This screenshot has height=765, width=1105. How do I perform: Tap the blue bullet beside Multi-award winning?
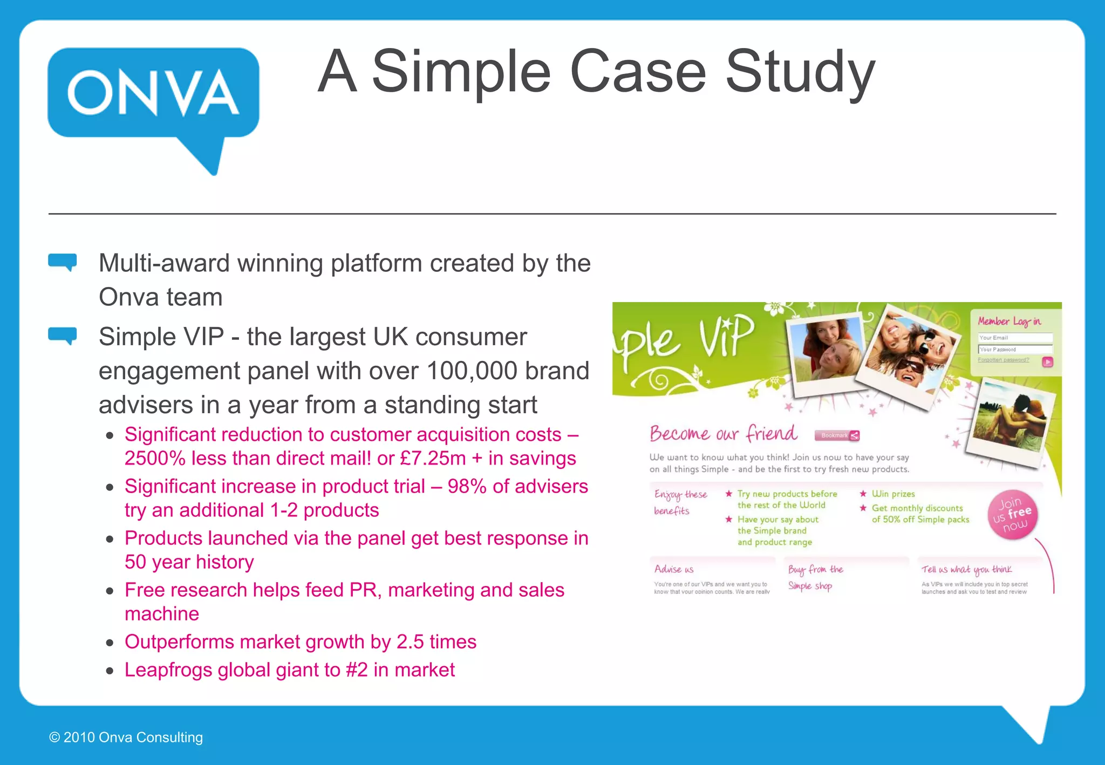[x=63, y=262]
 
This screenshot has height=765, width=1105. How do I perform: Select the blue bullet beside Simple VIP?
[x=63, y=336]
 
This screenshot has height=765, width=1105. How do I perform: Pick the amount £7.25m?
[x=433, y=459]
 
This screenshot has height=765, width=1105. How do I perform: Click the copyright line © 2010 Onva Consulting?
[x=126, y=737]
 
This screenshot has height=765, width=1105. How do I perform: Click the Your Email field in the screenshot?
[x=1014, y=338]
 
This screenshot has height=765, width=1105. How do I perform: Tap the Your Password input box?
[x=1014, y=349]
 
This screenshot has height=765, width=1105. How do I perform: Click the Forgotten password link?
[x=1003, y=360]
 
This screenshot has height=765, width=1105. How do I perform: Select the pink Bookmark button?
[x=837, y=435]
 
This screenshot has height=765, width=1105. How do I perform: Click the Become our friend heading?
[x=723, y=434]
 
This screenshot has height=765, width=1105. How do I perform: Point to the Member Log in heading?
[x=1009, y=322]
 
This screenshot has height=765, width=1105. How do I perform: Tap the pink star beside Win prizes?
[x=863, y=494]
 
